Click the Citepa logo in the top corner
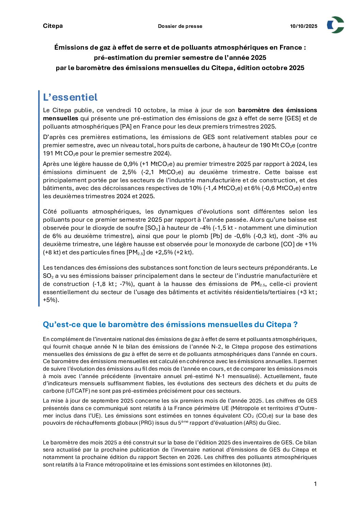(335, 25)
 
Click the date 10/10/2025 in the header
(304, 26)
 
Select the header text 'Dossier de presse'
(180, 26)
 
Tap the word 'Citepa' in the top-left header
(53, 26)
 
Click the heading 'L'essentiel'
(70, 97)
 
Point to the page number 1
(315, 484)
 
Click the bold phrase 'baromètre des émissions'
(277, 110)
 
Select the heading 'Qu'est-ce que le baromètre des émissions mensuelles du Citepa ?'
(170, 324)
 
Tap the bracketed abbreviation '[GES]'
(292, 118)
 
